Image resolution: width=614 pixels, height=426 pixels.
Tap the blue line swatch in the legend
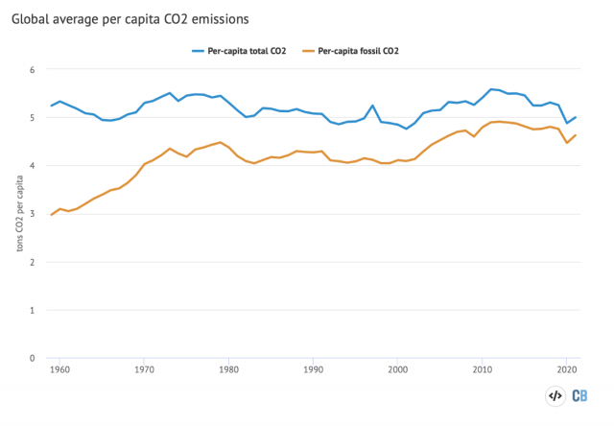[x=199, y=50]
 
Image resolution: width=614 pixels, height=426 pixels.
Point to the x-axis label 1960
[x=59, y=369]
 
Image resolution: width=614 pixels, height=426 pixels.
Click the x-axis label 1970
[x=144, y=369]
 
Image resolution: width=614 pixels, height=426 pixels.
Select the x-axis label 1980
[x=228, y=369]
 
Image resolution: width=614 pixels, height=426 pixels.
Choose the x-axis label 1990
[x=313, y=369]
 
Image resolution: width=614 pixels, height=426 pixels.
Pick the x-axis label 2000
[x=397, y=369]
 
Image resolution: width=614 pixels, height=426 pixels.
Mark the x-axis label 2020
[x=566, y=369]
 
